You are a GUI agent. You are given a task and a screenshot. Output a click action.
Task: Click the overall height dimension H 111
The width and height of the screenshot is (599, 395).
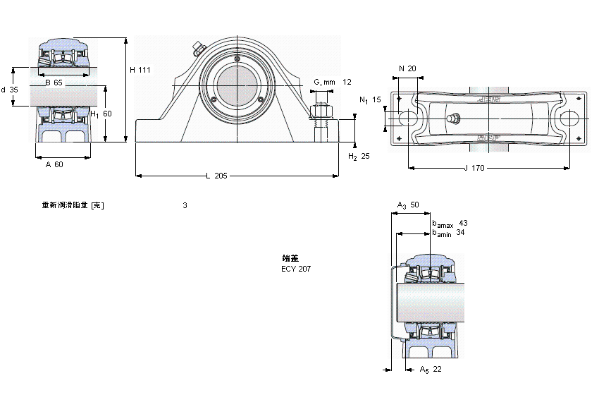[140, 69]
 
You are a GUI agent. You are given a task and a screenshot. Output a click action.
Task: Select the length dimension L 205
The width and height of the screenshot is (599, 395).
[216, 176]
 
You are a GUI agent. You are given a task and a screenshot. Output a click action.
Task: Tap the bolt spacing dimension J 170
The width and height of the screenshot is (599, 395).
[475, 168]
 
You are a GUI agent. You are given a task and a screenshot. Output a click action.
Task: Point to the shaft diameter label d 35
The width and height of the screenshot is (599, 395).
[9, 90]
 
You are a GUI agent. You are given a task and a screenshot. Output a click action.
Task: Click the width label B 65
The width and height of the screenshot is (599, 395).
[54, 83]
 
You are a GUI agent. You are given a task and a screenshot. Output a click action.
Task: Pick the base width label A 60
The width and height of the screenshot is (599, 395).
[54, 164]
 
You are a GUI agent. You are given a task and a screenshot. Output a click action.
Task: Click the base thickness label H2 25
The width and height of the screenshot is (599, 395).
[359, 156]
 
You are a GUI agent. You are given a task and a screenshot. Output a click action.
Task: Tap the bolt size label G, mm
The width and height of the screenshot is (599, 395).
[324, 83]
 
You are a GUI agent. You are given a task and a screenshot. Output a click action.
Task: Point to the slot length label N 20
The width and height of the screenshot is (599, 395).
[407, 68]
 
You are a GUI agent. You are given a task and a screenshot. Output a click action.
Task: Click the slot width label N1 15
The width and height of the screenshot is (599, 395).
[370, 100]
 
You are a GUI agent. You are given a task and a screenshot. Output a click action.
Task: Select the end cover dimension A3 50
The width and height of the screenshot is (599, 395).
[408, 205]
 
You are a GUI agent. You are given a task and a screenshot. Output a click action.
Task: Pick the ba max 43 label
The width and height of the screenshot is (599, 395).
[450, 223]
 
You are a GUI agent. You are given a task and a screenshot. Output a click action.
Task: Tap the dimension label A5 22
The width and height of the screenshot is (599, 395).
[430, 370]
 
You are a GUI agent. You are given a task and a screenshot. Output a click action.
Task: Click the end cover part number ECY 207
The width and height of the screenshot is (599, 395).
[296, 269]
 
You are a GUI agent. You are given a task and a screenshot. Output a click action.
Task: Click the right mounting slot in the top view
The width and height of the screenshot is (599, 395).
[569, 118]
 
